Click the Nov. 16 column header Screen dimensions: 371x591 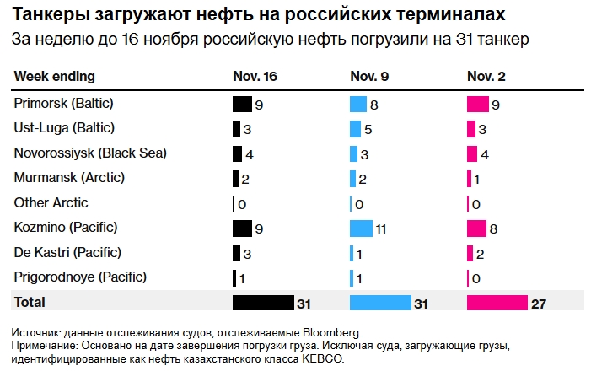pos(255,77)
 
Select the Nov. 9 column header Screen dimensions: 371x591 pos(369,77)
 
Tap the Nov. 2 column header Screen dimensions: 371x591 pos(486,77)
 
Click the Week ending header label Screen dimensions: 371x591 pos(55,77)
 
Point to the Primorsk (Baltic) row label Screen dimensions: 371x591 pos(64,104)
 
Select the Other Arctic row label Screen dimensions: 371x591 pos(51,202)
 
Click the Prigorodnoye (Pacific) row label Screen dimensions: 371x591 pos(81,277)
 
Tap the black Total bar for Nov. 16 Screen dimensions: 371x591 pos(262,303)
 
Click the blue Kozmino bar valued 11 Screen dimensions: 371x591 pos(361,228)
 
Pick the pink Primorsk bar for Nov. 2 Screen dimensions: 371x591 pos(477,105)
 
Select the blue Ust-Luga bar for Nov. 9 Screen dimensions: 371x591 pos(356,129)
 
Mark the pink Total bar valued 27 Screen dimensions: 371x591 pos(497,303)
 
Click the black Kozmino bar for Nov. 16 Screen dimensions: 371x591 pos(242,228)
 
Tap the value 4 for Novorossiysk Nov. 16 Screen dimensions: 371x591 pos(249,154)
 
